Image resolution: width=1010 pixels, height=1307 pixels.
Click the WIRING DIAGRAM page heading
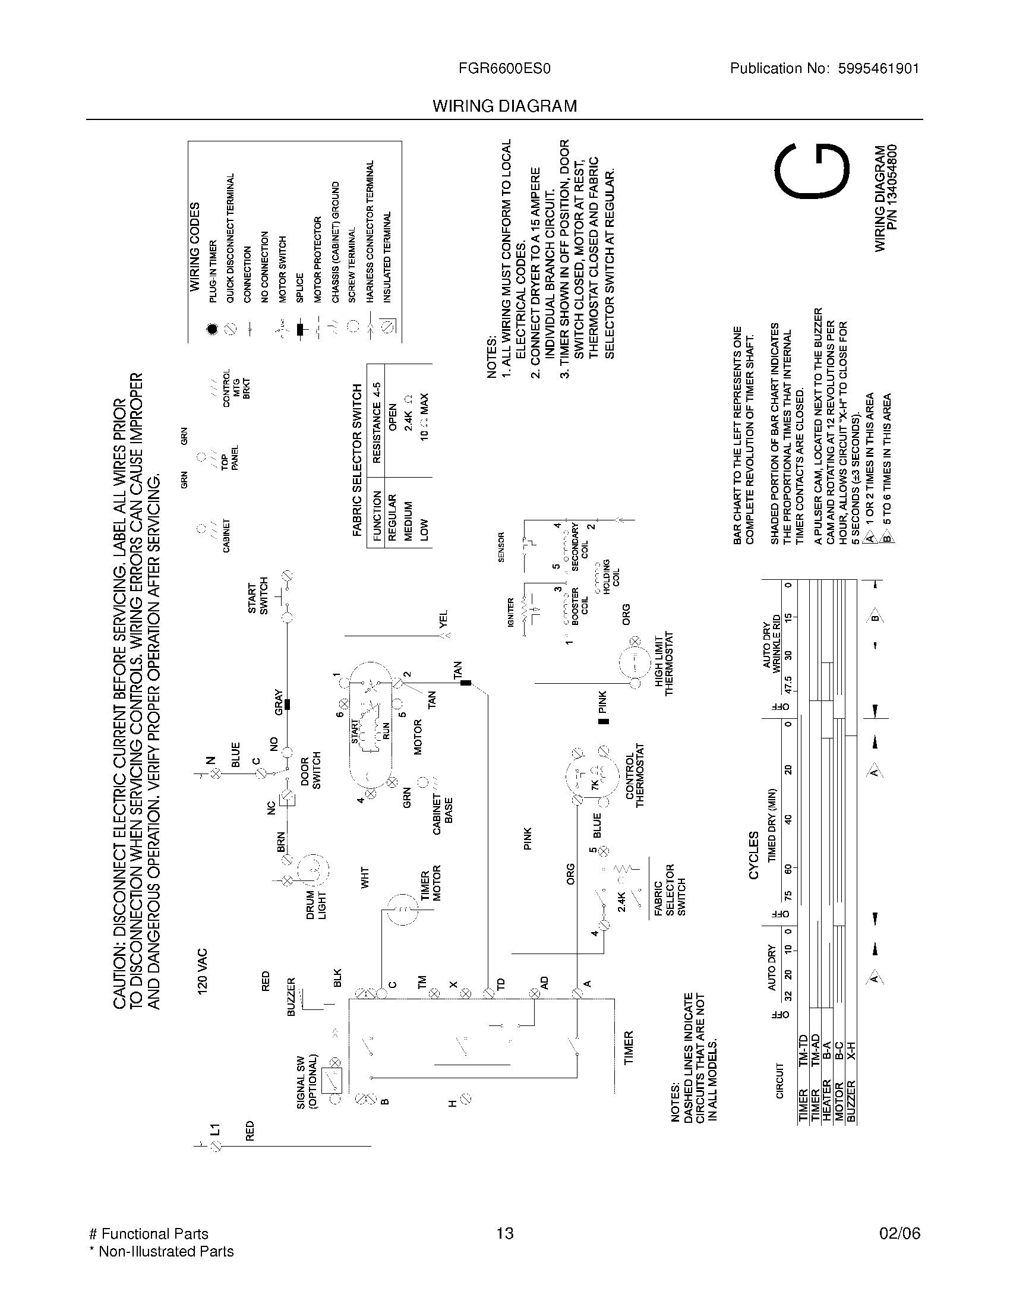(504, 106)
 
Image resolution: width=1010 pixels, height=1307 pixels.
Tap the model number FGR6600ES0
(504, 69)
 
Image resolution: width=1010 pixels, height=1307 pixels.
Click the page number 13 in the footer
(504, 1233)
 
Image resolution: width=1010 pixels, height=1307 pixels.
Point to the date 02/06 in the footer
(899, 1233)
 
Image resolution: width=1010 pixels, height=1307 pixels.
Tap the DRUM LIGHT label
(316, 905)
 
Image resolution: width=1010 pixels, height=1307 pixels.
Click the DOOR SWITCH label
(311, 771)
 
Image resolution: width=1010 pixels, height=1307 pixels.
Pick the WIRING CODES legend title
(195, 247)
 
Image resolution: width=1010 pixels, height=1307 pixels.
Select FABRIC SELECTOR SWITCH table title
(358, 460)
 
